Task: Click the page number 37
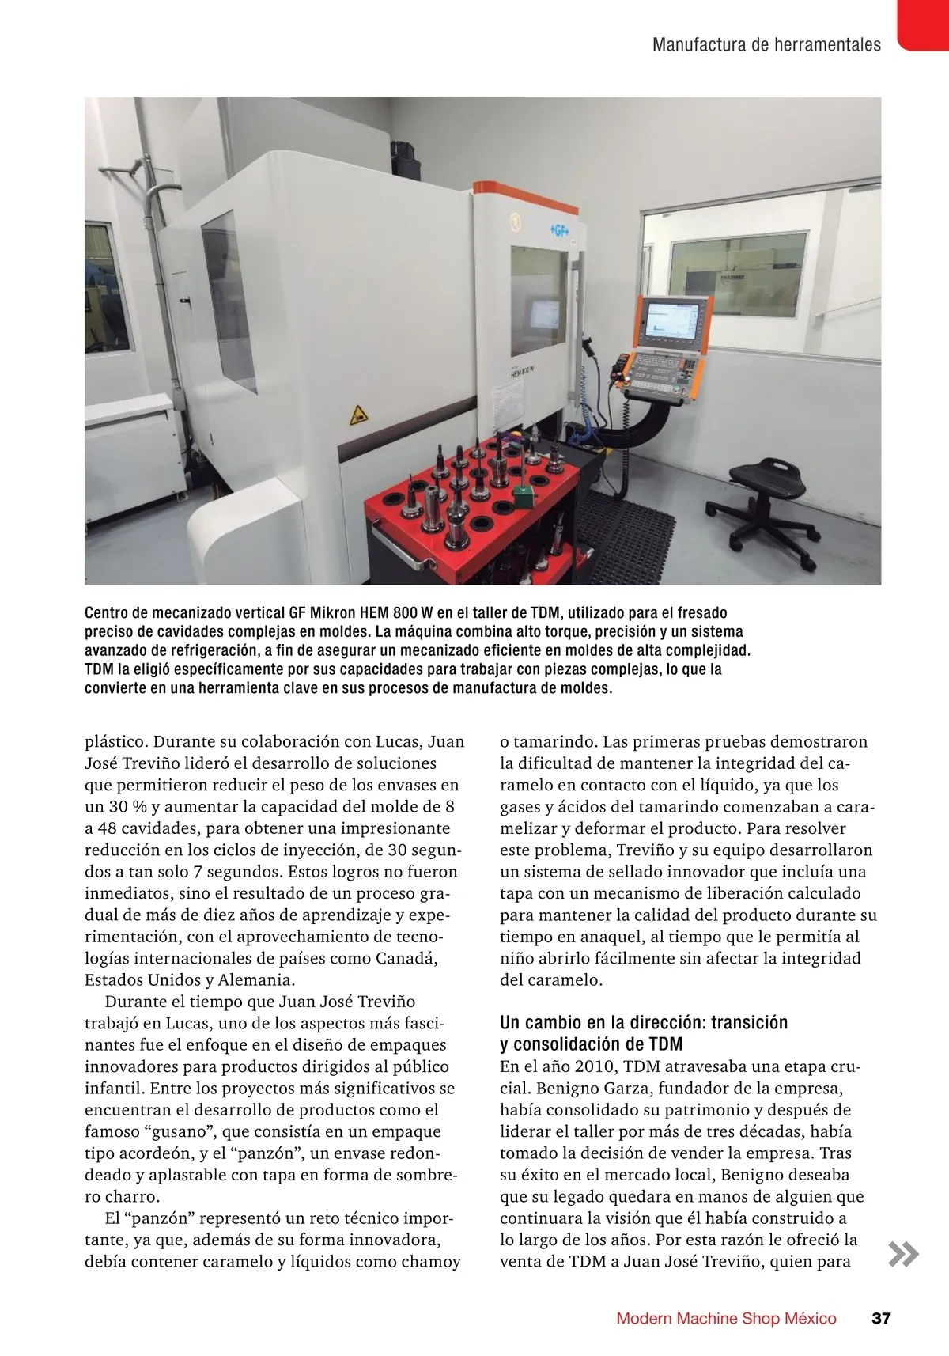pyautogui.click(x=881, y=1318)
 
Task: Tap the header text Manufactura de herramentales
pyautogui.click(x=766, y=44)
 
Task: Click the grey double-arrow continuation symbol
pyautogui.click(x=903, y=1255)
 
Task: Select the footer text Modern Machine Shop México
pyautogui.click(x=726, y=1318)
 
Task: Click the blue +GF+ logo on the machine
pyautogui.click(x=560, y=230)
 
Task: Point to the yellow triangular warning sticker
pyautogui.click(x=358, y=414)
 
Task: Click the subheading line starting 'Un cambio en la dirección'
pyautogui.click(x=644, y=1022)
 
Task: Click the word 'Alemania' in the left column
pyautogui.click(x=255, y=979)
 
